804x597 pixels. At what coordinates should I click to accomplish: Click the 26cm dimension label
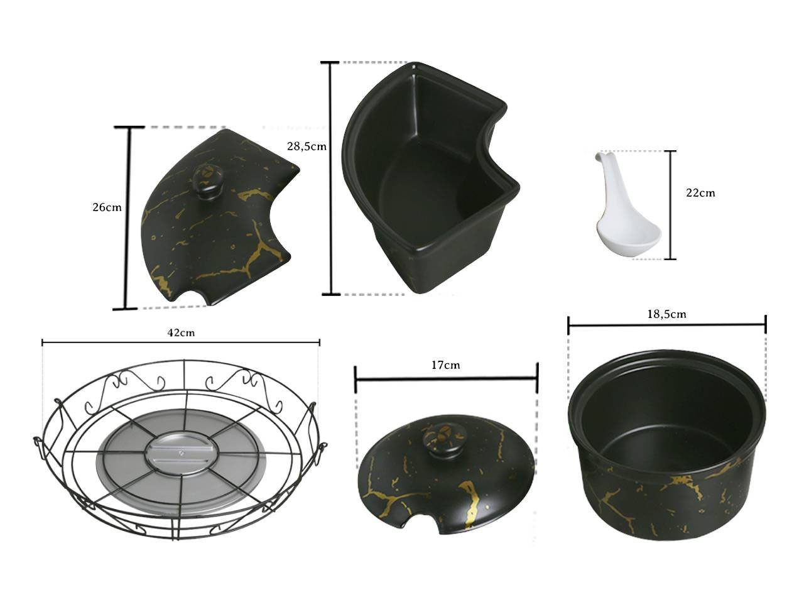coord(107,207)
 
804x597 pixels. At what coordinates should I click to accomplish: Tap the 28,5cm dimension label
coord(307,146)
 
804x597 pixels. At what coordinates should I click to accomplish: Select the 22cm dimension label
coord(700,192)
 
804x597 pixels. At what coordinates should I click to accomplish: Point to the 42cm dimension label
coord(181,332)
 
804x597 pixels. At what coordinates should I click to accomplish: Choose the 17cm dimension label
coord(445,365)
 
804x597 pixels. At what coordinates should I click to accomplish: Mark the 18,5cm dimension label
coord(666,314)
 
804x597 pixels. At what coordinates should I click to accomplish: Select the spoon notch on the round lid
coord(421,526)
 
